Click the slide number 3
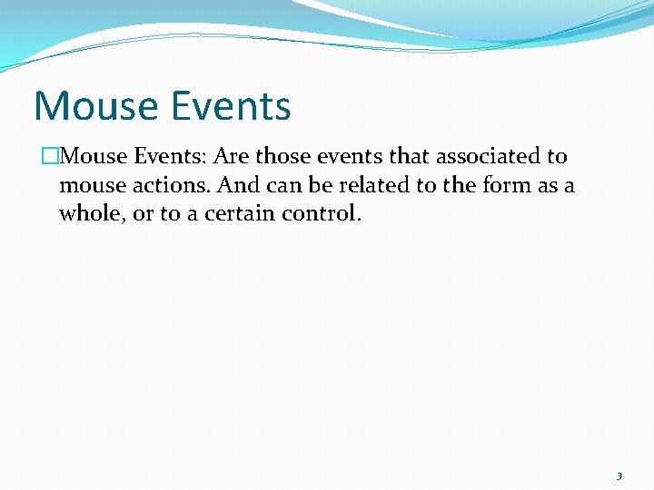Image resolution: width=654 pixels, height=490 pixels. click(619, 475)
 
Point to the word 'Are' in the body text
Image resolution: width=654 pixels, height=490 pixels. click(231, 156)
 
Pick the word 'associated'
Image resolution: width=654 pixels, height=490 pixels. click(486, 156)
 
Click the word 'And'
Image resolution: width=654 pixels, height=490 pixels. click(237, 186)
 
